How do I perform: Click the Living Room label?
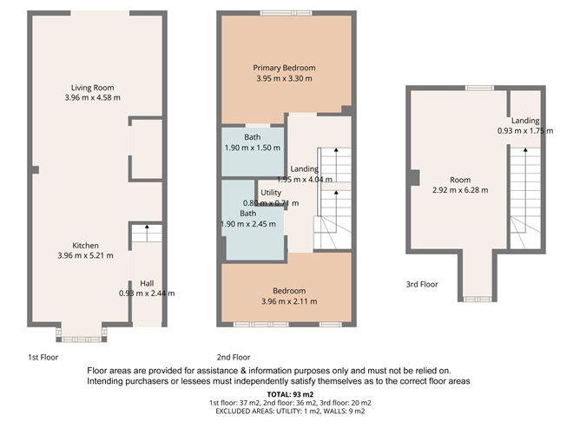[92, 88]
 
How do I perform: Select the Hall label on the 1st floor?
[147, 283]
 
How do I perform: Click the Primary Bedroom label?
[284, 68]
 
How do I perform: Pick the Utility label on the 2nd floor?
[271, 193]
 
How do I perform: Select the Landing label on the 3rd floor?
[524, 121]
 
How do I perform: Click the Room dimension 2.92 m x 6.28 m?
[459, 190]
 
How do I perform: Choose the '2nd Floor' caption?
[234, 357]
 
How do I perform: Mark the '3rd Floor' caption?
[422, 284]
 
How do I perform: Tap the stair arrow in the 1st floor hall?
[147, 231]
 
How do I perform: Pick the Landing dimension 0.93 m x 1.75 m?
[524, 131]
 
